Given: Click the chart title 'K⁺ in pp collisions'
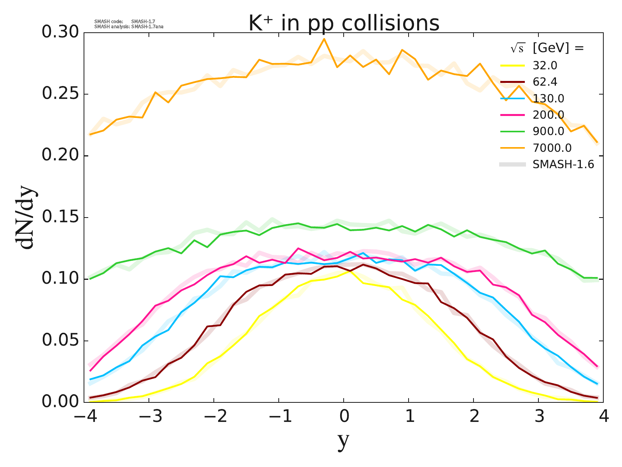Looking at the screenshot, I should (344, 23).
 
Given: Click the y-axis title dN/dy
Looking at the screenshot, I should (25, 218).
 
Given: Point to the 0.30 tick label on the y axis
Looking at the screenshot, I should (60, 33).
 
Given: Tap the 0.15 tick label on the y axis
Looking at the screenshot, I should (60, 218).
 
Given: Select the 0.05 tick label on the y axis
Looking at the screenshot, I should (60, 341).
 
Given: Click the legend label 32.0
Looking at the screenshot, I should (545, 65).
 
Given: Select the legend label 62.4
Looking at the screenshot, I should (545, 82).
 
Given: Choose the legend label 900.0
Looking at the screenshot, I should (549, 131).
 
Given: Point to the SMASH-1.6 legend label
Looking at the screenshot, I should (563, 165).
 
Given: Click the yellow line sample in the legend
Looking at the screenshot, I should (512, 65).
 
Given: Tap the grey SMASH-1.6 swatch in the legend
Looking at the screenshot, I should (512, 165).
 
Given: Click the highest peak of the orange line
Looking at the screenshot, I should (324, 39).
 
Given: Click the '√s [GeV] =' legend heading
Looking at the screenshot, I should (547, 48).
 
